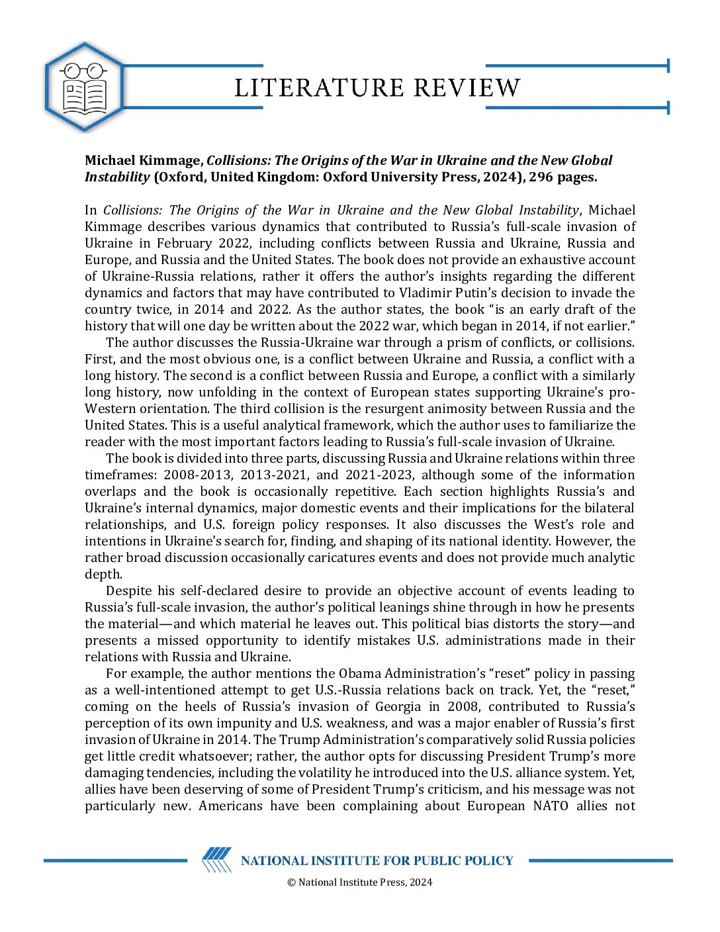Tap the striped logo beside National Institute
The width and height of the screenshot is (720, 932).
216,860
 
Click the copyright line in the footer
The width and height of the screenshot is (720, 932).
359,882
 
